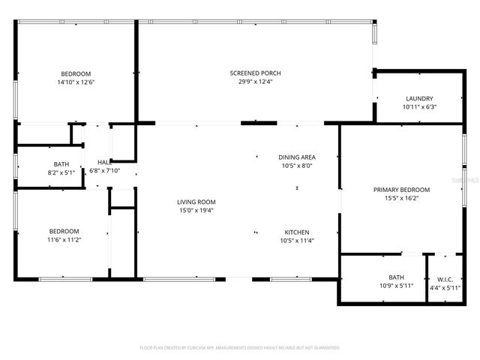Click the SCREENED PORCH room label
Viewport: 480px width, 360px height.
click(255, 73)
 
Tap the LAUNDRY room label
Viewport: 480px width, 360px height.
click(419, 98)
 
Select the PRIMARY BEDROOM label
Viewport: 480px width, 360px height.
click(401, 190)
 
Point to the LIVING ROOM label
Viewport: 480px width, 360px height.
click(196, 202)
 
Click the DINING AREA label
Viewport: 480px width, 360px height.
click(297, 157)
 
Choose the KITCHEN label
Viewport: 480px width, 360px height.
click(297, 232)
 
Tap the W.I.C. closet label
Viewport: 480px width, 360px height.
click(445, 277)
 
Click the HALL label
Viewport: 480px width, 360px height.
click(104, 162)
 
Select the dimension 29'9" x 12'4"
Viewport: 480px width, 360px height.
click(255, 81)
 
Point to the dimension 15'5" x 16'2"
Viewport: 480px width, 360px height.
click(401, 198)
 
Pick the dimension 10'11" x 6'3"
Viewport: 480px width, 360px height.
click(419, 106)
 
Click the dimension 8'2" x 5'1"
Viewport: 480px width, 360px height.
click(61, 172)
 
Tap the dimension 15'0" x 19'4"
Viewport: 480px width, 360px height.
click(196, 210)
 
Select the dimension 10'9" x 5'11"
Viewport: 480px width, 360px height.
click(395, 286)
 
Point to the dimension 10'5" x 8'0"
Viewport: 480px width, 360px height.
click(297, 166)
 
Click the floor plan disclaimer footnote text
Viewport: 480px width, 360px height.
click(240, 348)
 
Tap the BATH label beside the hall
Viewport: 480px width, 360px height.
click(61, 164)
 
